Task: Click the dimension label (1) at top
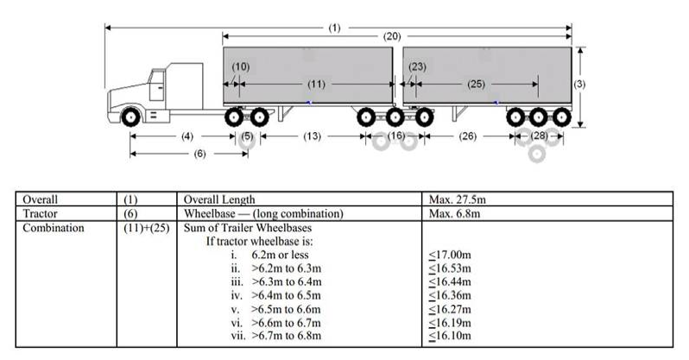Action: (x=335, y=27)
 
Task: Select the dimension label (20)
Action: (x=393, y=36)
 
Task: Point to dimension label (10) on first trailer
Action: (x=241, y=66)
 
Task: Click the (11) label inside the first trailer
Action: (x=316, y=84)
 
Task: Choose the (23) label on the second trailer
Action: (x=418, y=66)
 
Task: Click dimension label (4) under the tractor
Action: (x=186, y=136)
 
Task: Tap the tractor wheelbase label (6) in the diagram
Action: (x=199, y=154)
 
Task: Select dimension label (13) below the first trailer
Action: (x=313, y=136)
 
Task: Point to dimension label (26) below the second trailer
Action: (x=467, y=136)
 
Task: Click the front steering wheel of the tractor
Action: (x=132, y=116)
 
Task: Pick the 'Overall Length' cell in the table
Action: (x=219, y=199)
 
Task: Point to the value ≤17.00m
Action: (x=449, y=256)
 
